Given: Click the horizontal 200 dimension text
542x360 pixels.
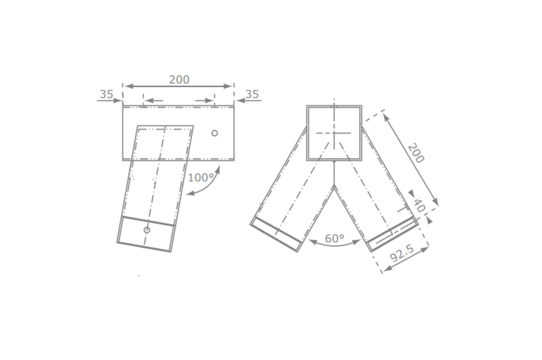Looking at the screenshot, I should click(179, 80).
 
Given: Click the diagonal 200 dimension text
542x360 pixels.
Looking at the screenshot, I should click(415, 153).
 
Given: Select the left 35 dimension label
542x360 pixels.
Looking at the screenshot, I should click(106, 94).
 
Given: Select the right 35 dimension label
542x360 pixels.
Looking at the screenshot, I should click(252, 94).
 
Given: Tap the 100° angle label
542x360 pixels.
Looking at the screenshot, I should click(201, 178).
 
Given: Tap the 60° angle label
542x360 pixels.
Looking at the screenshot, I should click(335, 239).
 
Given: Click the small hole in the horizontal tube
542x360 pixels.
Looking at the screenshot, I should click(214, 133).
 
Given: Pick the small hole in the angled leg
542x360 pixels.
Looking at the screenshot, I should click(147, 230).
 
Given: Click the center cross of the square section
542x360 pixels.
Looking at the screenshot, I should click(334, 133).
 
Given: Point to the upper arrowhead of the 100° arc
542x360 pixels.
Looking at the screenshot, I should click(217, 170).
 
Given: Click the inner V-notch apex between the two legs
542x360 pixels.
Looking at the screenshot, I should click(334, 186).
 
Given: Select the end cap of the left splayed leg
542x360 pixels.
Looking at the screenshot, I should click(276, 235).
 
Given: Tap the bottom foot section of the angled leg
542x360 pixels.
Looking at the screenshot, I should click(145, 234).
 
